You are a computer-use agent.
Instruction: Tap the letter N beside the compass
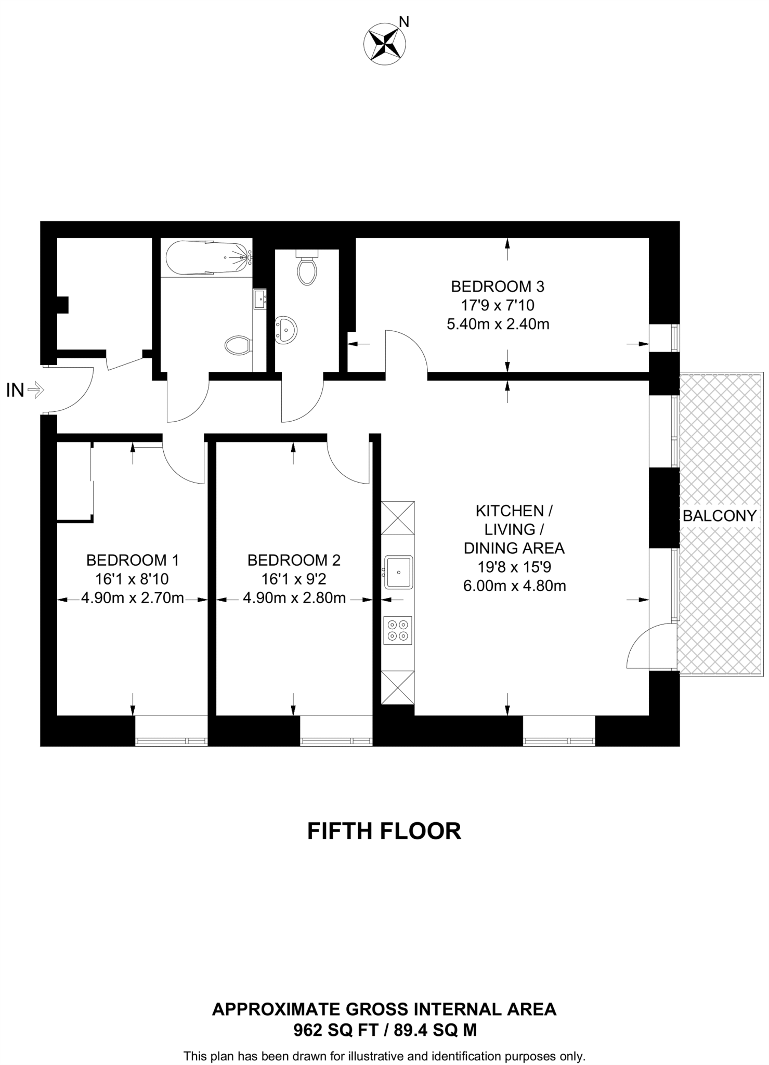(404, 22)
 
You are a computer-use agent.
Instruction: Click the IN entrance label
(15, 390)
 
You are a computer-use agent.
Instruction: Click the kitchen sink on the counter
(398, 572)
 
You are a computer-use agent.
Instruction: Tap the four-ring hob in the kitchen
(398, 630)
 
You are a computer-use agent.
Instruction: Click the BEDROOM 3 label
(497, 287)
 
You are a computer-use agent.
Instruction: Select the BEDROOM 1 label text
(133, 560)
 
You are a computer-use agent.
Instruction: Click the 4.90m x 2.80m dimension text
(294, 598)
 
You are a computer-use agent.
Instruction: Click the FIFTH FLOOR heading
(384, 831)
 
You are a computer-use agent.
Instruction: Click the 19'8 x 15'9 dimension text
(514, 567)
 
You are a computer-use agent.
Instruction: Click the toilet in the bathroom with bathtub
(238, 344)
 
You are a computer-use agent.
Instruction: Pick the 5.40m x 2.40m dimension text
(498, 324)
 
